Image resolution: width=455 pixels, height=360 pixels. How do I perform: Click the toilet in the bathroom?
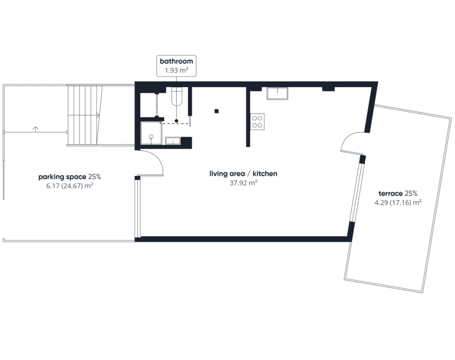(x=177, y=97)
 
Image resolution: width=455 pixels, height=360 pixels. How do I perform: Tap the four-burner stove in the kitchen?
(x=258, y=121)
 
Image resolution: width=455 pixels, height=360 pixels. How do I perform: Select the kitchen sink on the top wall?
(x=277, y=93)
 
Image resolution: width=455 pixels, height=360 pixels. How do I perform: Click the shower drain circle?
(x=151, y=137)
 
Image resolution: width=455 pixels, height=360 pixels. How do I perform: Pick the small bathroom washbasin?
(x=173, y=141)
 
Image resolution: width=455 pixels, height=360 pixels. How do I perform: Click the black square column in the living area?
(x=217, y=111)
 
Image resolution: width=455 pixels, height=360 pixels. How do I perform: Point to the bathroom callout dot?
(x=177, y=121)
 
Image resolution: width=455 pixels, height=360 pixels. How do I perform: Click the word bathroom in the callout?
(x=177, y=61)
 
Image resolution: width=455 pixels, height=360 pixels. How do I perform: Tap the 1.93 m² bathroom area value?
(x=177, y=70)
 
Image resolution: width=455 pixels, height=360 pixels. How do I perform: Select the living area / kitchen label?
(x=243, y=174)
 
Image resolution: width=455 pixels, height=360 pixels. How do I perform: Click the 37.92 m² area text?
(x=243, y=183)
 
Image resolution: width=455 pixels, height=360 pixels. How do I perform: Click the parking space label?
(x=62, y=177)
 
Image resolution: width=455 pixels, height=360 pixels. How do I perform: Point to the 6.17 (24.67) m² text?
(x=70, y=186)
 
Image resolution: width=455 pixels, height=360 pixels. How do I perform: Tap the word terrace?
(x=390, y=193)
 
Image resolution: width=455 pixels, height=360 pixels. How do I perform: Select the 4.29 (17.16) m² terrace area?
(x=398, y=202)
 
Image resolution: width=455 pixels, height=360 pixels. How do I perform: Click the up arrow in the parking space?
(x=35, y=129)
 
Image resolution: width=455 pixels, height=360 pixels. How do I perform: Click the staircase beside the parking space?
(x=85, y=115)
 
